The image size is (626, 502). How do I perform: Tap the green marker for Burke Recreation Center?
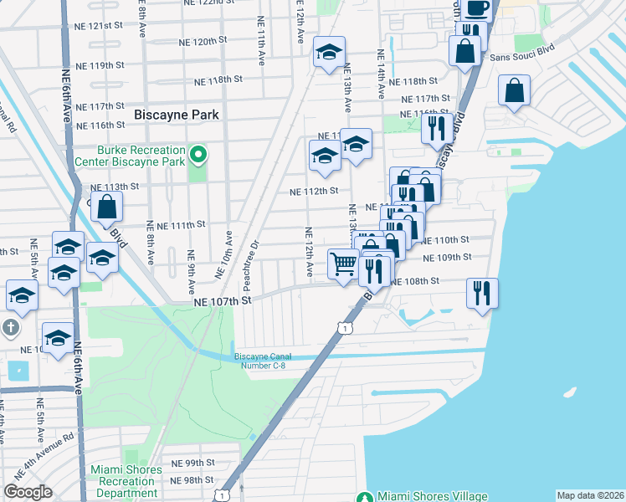[198, 155]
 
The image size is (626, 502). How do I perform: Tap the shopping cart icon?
[343, 264]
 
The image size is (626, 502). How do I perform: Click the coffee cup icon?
[476, 8]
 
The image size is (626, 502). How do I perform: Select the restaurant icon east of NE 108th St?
[482, 293]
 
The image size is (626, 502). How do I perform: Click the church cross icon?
[12, 327]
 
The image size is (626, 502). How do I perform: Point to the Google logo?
[28, 492]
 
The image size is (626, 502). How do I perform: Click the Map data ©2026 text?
[589, 495]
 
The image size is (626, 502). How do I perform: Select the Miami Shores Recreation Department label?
[126, 481]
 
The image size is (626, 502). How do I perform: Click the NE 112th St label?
[313, 191]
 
